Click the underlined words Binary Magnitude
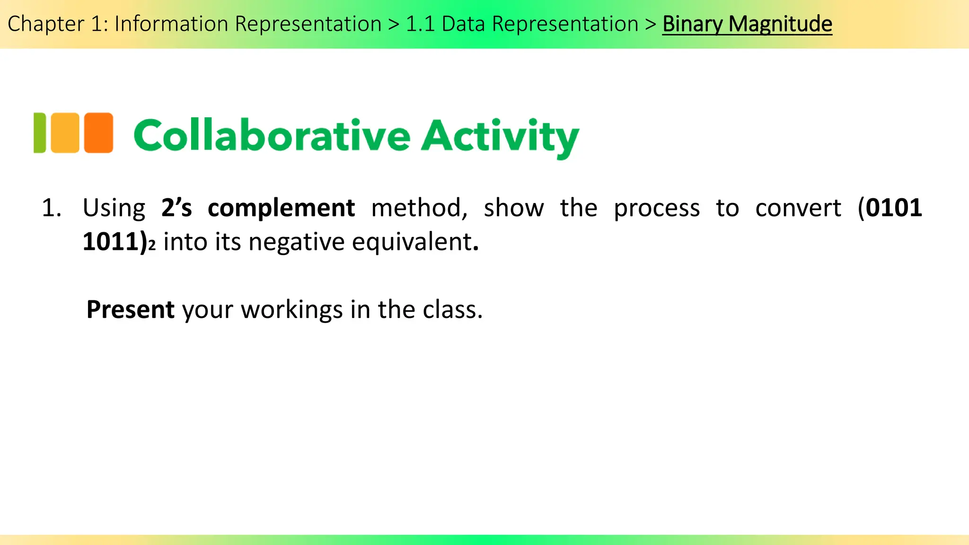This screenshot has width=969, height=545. tap(747, 24)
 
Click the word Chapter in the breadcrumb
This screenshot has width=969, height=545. tap(45, 24)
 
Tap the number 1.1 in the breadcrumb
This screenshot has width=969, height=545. tap(420, 24)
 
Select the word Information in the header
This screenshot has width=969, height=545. tap(171, 24)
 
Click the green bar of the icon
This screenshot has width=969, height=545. tap(40, 133)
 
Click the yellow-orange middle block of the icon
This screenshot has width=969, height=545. tap(65, 133)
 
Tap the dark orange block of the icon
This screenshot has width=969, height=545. tap(98, 133)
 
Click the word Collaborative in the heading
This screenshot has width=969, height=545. tap(272, 136)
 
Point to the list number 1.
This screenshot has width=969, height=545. tap(51, 208)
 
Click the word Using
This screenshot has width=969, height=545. tap(114, 208)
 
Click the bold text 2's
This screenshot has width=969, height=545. tap(176, 208)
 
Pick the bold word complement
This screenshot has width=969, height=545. tap(281, 208)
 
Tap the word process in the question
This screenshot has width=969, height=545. tap(657, 208)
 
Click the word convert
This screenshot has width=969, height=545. tap(798, 208)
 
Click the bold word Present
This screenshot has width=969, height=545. tap(131, 310)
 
